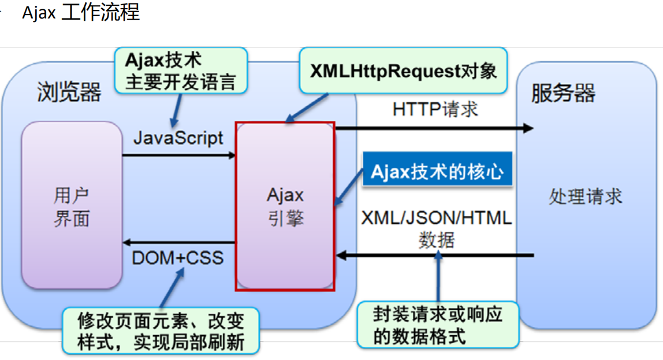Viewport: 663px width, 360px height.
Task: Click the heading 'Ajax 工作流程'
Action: (x=81, y=12)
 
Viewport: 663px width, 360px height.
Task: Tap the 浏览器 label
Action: (x=69, y=92)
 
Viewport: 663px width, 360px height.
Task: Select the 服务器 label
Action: (x=563, y=93)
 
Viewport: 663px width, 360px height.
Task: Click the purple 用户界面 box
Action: (x=72, y=208)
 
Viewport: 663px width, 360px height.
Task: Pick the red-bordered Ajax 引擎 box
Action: (x=285, y=206)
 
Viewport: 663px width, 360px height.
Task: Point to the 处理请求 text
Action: (x=585, y=196)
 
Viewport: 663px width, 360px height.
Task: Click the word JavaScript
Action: (x=178, y=138)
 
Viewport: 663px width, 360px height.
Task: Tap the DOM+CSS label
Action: (x=178, y=257)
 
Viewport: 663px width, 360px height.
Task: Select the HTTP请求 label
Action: (x=435, y=109)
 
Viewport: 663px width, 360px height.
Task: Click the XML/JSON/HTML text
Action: (x=437, y=218)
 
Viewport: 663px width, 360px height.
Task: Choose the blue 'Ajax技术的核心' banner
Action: (x=437, y=172)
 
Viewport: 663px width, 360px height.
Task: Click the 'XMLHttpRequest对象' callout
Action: (x=403, y=71)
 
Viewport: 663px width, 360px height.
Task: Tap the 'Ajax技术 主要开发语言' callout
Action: (x=181, y=70)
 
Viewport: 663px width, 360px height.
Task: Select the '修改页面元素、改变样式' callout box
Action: (x=161, y=331)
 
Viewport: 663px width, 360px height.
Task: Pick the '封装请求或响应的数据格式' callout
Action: (x=437, y=325)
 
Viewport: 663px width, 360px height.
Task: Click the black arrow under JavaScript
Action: (x=179, y=155)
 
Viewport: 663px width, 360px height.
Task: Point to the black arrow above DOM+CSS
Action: (x=179, y=242)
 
